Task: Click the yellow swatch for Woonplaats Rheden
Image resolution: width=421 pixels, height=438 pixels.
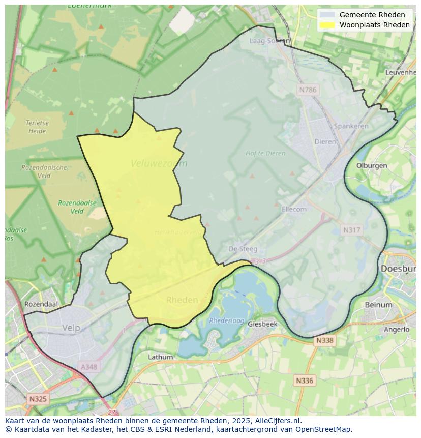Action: coord(328,25)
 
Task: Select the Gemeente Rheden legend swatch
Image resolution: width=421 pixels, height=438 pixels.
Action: coord(328,15)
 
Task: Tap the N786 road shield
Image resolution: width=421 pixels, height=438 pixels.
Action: coord(308,90)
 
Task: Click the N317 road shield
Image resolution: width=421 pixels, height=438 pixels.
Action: coord(351,230)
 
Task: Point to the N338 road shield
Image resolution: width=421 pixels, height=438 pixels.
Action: coord(324,340)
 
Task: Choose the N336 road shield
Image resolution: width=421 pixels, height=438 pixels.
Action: coord(305,380)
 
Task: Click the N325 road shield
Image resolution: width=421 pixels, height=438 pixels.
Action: coord(38,399)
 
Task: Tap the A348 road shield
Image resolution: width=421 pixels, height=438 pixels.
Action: coord(90,366)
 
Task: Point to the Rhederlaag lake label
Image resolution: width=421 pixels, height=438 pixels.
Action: coord(227,321)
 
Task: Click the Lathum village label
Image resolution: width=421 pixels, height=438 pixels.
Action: coord(160,357)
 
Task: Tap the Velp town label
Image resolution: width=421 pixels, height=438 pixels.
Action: coord(71,328)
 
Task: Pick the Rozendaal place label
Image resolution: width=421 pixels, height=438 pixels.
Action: coord(41,304)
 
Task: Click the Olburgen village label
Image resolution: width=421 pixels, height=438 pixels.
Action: coord(372,165)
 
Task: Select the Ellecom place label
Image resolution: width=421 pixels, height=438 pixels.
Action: coord(294,209)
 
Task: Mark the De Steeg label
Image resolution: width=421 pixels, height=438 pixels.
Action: coord(243,249)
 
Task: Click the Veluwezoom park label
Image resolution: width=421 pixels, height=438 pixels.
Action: coord(159,163)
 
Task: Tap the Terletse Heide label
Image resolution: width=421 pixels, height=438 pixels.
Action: coord(36,127)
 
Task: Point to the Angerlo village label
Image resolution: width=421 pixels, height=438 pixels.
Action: coord(397,329)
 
